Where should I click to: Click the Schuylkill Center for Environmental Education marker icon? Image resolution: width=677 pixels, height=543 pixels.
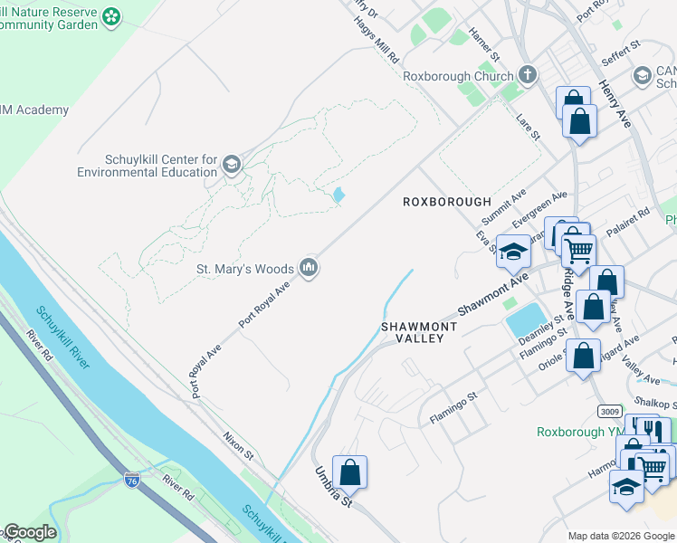point(232,164)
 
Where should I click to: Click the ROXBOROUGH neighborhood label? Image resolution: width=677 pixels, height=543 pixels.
point(446,202)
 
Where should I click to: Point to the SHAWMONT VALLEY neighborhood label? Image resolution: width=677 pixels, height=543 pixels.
point(412,331)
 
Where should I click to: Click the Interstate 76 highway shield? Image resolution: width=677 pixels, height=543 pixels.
point(132,481)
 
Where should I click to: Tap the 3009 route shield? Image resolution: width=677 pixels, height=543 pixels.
point(609,411)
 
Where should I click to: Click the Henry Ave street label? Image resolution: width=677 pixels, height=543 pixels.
point(614,101)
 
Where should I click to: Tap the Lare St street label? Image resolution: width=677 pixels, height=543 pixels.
point(527,127)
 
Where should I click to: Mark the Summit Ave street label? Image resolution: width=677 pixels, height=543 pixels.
point(503,208)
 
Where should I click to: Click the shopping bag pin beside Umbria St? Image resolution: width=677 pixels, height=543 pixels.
point(349,472)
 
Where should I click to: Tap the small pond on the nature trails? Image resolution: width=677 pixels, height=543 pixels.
point(338,195)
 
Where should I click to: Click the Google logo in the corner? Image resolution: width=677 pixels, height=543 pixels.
point(29,532)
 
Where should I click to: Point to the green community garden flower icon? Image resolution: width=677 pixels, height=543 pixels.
point(111,16)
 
